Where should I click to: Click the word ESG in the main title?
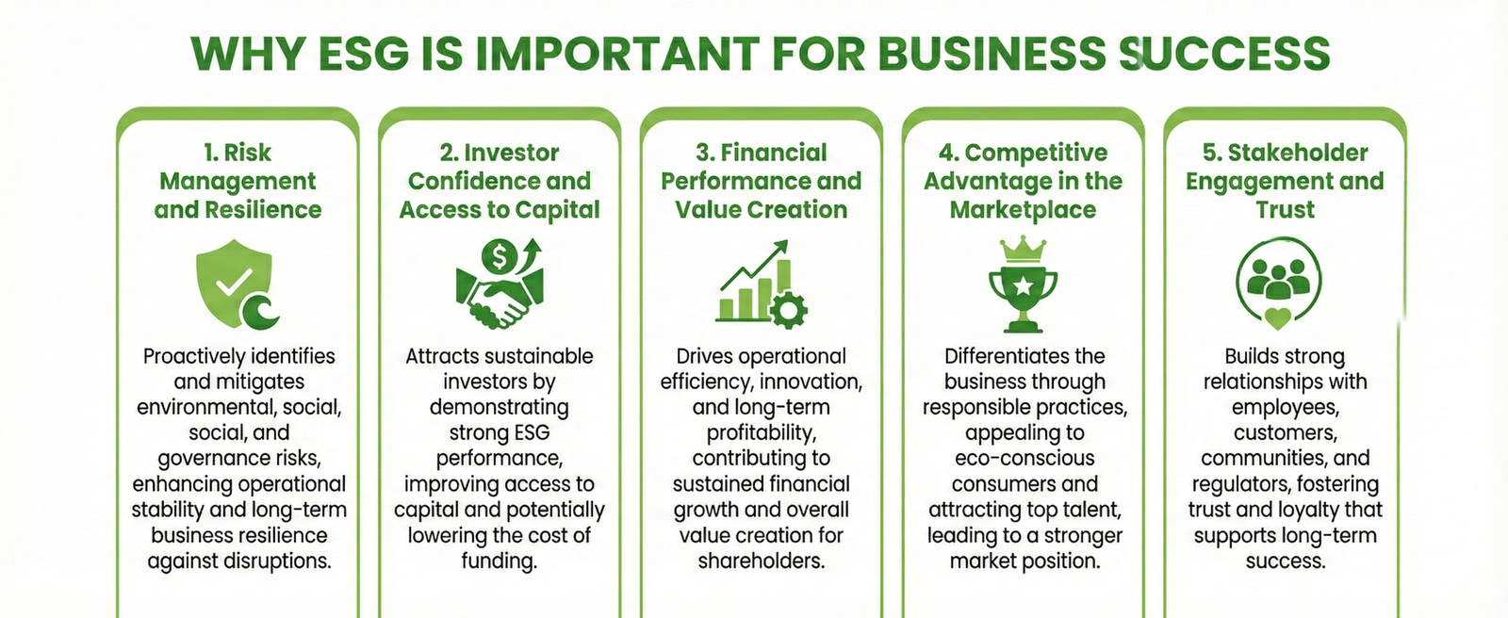click(363, 54)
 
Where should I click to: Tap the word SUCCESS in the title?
click(1224, 54)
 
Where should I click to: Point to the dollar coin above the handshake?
click(499, 256)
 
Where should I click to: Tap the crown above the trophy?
click(1024, 249)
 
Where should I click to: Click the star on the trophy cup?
click(1024, 286)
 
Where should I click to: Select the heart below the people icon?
click(1278, 317)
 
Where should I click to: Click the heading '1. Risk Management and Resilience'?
click(238, 181)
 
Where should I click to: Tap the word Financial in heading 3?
click(774, 153)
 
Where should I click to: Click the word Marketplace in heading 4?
click(1023, 209)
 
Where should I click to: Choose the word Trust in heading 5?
click(1285, 209)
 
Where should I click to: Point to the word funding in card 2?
click(499, 561)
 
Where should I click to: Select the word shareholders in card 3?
click(761, 561)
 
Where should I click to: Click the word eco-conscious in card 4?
click(1024, 458)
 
